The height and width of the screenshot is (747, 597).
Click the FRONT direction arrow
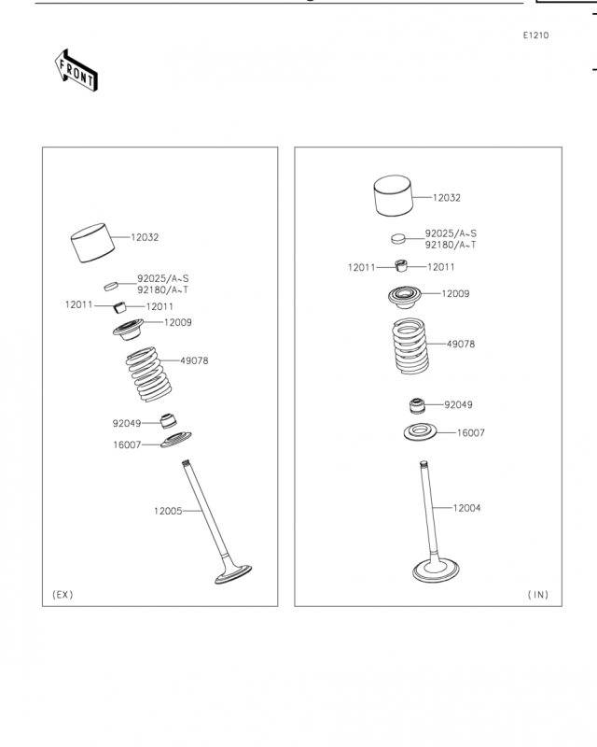76,71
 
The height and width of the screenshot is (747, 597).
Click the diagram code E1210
535,35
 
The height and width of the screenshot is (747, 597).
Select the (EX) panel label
62,595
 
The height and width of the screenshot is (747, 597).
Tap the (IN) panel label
538,595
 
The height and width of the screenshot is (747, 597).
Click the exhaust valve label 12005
168,511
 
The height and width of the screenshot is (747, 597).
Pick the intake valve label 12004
466,508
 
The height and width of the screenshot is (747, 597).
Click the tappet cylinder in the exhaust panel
92,243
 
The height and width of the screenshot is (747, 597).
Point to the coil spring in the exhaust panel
148,374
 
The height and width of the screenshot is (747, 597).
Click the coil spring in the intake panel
410,345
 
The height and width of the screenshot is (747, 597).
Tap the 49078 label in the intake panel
461,344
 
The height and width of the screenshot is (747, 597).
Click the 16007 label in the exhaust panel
127,445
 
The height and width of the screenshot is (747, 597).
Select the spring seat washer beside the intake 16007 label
421,432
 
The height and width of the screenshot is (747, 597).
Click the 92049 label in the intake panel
458,405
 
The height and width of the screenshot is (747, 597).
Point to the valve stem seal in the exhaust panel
168,421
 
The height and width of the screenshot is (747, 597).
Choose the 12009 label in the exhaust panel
177,322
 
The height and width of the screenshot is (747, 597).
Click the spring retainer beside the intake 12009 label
405,297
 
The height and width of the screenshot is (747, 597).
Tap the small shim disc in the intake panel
398,238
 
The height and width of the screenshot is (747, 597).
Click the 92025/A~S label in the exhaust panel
163,278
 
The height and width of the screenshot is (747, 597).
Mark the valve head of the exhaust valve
233,574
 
